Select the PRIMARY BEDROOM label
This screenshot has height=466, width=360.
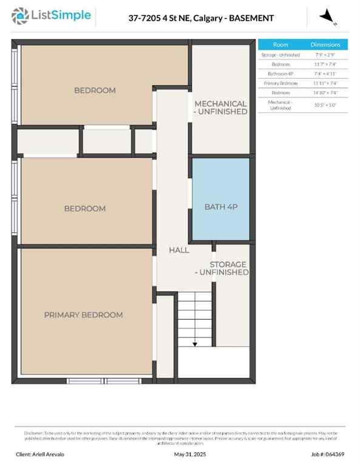click(83, 315)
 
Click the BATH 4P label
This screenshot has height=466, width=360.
click(220, 208)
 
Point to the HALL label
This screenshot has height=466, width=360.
click(179, 250)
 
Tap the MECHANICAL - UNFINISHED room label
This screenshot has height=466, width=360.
click(220, 108)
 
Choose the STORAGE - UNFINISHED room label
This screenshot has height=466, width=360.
click(228, 269)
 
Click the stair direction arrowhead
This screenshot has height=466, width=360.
click(195, 344)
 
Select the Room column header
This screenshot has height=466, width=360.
click(280, 45)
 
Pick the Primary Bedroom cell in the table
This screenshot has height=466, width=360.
click(280, 83)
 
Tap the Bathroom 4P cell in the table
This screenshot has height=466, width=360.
click(280, 73)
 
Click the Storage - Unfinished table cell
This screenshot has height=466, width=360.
click(280, 55)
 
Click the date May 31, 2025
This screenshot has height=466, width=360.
click(191, 454)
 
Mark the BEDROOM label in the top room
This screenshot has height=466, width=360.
click(95, 90)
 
